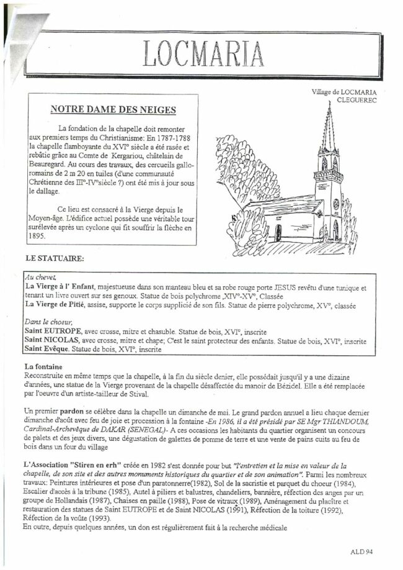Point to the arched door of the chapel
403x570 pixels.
coord(279,233)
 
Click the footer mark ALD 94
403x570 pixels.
coord(361,550)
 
